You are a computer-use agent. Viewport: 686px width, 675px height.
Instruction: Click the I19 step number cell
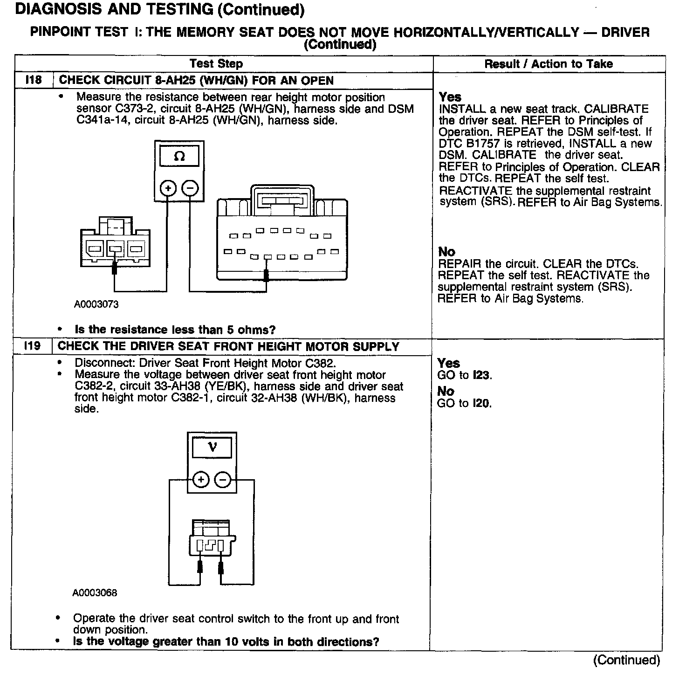point(32,346)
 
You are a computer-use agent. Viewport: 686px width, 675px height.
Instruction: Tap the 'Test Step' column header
point(216,64)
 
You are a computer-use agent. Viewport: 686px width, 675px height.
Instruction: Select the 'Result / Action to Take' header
point(549,64)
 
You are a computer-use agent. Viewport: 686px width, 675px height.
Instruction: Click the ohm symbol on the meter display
point(179,157)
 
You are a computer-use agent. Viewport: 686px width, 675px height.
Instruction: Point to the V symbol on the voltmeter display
point(213,448)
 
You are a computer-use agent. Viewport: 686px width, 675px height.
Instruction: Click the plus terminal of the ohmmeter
point(168,188)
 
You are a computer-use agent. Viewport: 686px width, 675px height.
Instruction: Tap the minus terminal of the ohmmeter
point(190,188)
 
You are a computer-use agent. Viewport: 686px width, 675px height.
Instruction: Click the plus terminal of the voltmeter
point(201,479)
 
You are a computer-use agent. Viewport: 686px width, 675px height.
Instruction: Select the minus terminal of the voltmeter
point(223,479)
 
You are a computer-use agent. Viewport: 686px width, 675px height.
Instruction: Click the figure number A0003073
point(96,304)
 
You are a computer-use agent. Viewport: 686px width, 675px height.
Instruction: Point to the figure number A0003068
point(95,593)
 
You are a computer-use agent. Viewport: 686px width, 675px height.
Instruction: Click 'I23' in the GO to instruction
point(482,375)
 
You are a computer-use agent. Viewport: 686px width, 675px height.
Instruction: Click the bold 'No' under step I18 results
point(446,252)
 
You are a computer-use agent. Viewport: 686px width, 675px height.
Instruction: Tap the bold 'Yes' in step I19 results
point(448,363)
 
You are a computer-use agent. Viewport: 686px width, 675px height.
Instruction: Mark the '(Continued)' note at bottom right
point(626,660)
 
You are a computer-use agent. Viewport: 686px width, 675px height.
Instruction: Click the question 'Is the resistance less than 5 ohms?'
point(175,330)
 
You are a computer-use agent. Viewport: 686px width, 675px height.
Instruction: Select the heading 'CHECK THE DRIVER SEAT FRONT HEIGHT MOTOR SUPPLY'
point(228,346)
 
